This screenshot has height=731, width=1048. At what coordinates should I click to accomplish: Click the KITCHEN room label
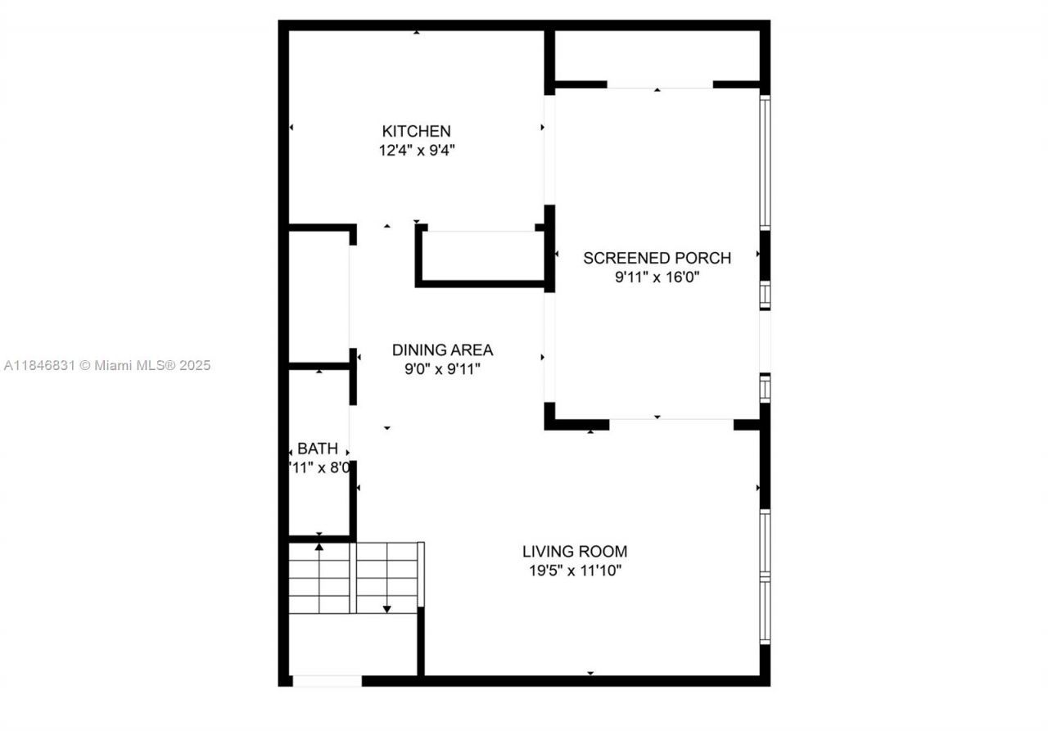point(416,131)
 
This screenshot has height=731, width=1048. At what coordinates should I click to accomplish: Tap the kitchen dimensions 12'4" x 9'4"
point(416,151)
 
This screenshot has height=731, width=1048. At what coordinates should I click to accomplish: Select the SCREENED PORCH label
point(657,258)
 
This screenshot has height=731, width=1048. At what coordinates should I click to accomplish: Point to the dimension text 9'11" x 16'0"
point(657,278)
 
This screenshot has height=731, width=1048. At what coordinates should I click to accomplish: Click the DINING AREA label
point(442,350)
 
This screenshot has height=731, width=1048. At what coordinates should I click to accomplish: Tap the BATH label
point(317,449)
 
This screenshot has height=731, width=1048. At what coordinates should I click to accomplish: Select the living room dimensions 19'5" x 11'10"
point(575,571)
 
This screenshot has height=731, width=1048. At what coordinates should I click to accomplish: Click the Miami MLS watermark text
point(106,365)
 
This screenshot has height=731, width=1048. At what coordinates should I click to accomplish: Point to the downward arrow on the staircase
point(387,607)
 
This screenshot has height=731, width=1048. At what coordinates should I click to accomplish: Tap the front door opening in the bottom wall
point(327,680)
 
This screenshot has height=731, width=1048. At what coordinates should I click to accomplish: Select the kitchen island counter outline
point(481,257)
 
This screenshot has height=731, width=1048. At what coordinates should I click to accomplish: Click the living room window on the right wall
point(765,576)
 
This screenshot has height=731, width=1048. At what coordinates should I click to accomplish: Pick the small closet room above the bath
point(318,296)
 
